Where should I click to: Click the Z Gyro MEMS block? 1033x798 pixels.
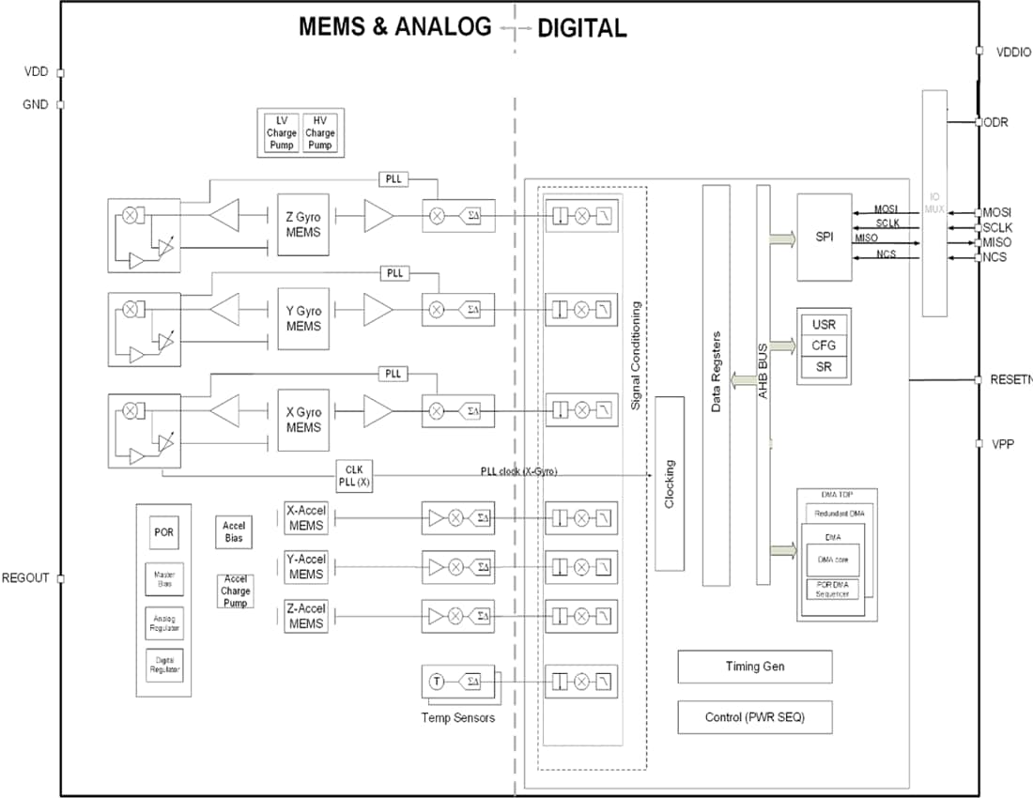click(302, 225)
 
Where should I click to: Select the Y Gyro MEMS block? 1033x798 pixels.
click(302, 319)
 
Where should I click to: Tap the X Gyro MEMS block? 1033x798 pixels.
click(302, 420)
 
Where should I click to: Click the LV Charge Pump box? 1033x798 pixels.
click(281, 133)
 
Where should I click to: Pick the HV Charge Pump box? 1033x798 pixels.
click(320, 133)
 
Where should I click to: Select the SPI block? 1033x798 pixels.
click(824, 238)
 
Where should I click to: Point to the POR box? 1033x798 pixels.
click(163, 532)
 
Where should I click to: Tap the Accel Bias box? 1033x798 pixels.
click(234, 531)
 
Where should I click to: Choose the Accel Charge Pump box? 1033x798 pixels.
click(235, 591)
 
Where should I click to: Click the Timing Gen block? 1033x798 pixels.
click(754, 667)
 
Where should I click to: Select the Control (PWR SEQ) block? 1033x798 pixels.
click(754, 717)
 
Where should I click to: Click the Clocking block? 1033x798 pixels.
click(669, 483)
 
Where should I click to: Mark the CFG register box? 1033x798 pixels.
click(823, 345)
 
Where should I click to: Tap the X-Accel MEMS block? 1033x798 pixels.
click(305, 518)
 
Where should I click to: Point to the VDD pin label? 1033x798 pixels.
click(36, 71)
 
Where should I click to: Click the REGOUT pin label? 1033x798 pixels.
click(25, 578)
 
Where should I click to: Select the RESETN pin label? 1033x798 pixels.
click(1010, 380)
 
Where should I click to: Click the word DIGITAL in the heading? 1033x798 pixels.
click(581, 28)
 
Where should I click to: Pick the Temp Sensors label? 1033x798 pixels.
click(458, 718)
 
